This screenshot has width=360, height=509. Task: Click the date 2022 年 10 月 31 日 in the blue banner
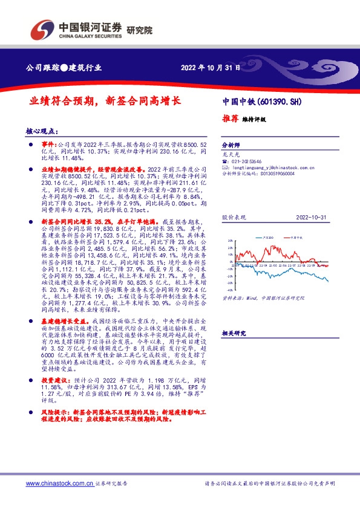210,67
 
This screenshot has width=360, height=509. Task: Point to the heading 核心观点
42,131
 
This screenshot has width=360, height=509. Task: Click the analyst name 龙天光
231,154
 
